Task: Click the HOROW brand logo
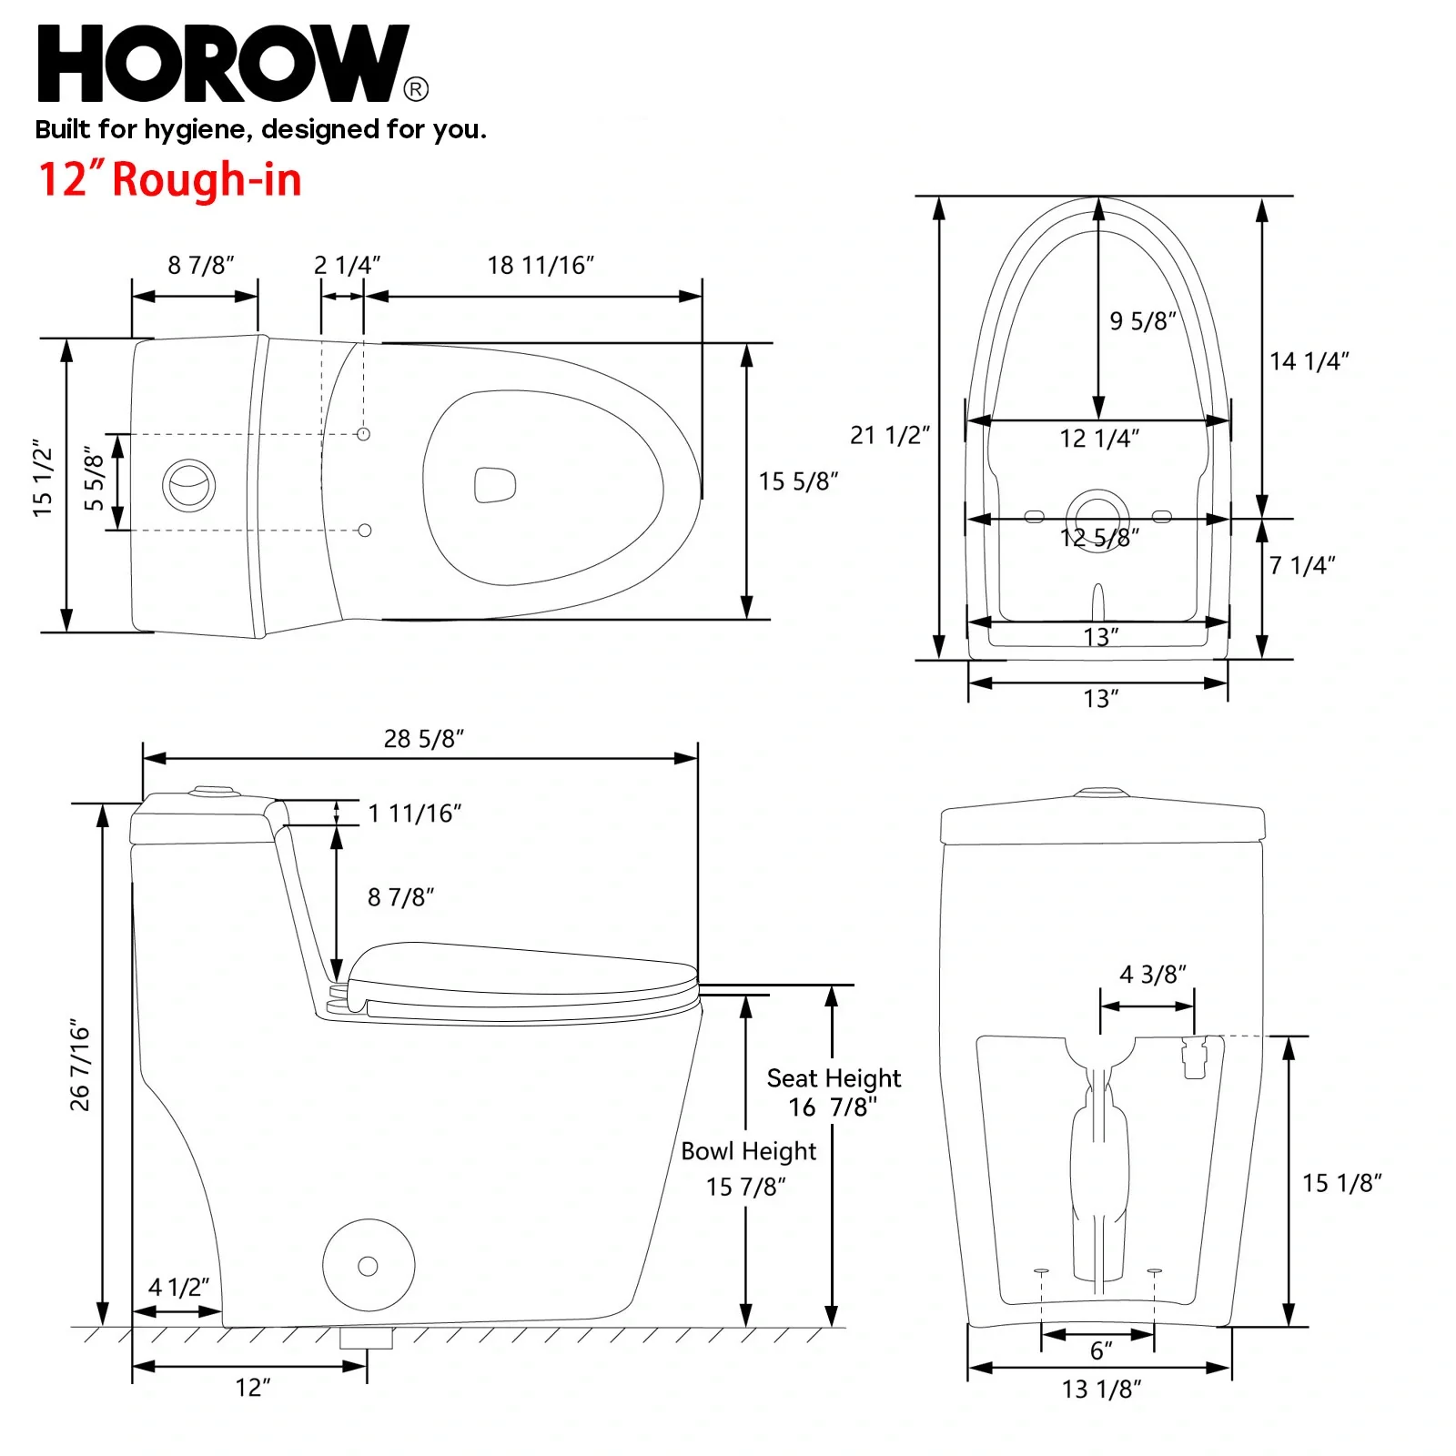(x=223, y=64)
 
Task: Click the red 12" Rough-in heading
(x=169, y=179)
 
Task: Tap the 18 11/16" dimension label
(x=541, y=266)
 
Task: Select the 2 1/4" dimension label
(x=347, y=266)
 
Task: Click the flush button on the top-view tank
(x=189, y=484)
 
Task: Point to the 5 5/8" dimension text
(x=95, y=480)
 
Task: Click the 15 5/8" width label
(x=798, y=481)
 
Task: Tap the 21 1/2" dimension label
(x=889, y=435)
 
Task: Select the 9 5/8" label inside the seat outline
(x=1142, y=321)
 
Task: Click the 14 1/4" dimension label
(x=1309, y=361)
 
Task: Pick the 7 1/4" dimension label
(x=1301, y=565)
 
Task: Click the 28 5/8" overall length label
(x=423, y=739)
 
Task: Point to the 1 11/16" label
(x=415, y=814)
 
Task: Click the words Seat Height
(x=834, y=1078)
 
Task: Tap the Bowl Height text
(x=748, y=1151)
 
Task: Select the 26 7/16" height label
(x=80, y=1066)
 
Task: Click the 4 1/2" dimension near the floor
(x=178, y=1288)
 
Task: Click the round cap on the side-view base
(x=369, y=1266)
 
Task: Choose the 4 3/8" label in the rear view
(x=1152, y=975)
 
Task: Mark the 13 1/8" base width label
(x=1101, y=1390)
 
